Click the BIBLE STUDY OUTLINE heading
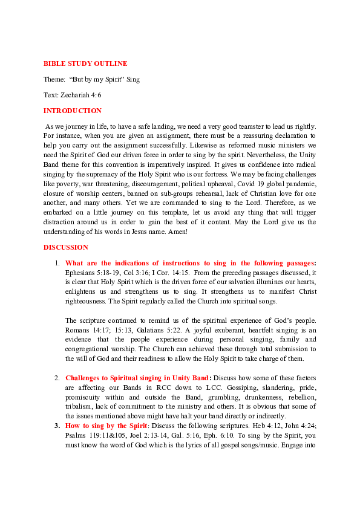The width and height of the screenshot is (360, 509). pos(85,63)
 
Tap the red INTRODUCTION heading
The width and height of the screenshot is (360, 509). pos(73,111)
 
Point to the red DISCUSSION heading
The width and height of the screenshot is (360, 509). pos(66,247)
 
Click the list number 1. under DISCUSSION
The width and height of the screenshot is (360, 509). pos(57,263)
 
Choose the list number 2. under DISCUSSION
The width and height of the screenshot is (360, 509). pos(57,378)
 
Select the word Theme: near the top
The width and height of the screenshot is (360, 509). pos(54,79)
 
